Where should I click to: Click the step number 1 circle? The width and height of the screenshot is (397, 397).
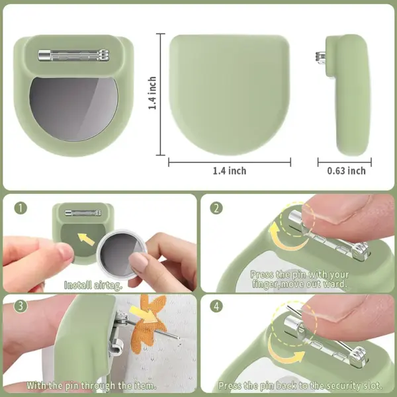pyautogui.click(x=21, y=208)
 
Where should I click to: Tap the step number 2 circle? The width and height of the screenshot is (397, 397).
pyautogui.click(x=216, y=208)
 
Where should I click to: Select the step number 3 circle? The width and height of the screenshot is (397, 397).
pyautogui.click(x=21, y=306)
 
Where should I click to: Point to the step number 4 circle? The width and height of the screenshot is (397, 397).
pyautogui.click(x=216, y=306)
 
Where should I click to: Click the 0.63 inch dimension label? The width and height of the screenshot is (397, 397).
pyautogui.click(x=346, y=171)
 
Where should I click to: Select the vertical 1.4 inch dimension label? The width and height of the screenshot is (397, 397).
pyautogui.click(x=152, y=93)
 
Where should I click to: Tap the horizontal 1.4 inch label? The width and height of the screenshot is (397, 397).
pyautogui.click(x=230, y=171)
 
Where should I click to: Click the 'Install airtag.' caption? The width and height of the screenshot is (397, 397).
pyautogui.click(x=93, y=285)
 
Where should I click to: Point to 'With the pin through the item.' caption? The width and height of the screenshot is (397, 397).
pyautogui.click(x=91, y=386)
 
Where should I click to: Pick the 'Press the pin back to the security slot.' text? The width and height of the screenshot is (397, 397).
pyautogui.click(x=300, y=386)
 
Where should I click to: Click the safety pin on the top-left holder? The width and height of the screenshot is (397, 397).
pyautogui.click(x=73, y=55)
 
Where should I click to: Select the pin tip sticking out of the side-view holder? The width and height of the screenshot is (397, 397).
pyautogui.click(x=320, y=58)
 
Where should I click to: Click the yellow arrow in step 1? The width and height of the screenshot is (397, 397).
pyautogui.click(x=86, y=240)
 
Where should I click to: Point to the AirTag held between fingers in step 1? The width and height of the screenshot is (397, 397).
pyautogui.click(x=122, y=255)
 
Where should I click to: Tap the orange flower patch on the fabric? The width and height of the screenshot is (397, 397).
pyautogui.click(x=152, y=320)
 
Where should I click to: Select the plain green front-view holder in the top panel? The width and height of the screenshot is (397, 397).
pyautogui.click(x=230, y=94)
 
